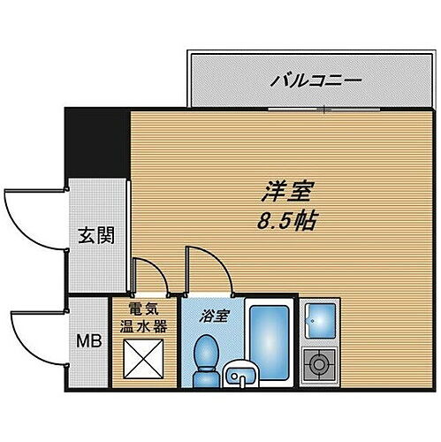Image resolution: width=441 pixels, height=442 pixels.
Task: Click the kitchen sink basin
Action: click(x=319, y=319)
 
